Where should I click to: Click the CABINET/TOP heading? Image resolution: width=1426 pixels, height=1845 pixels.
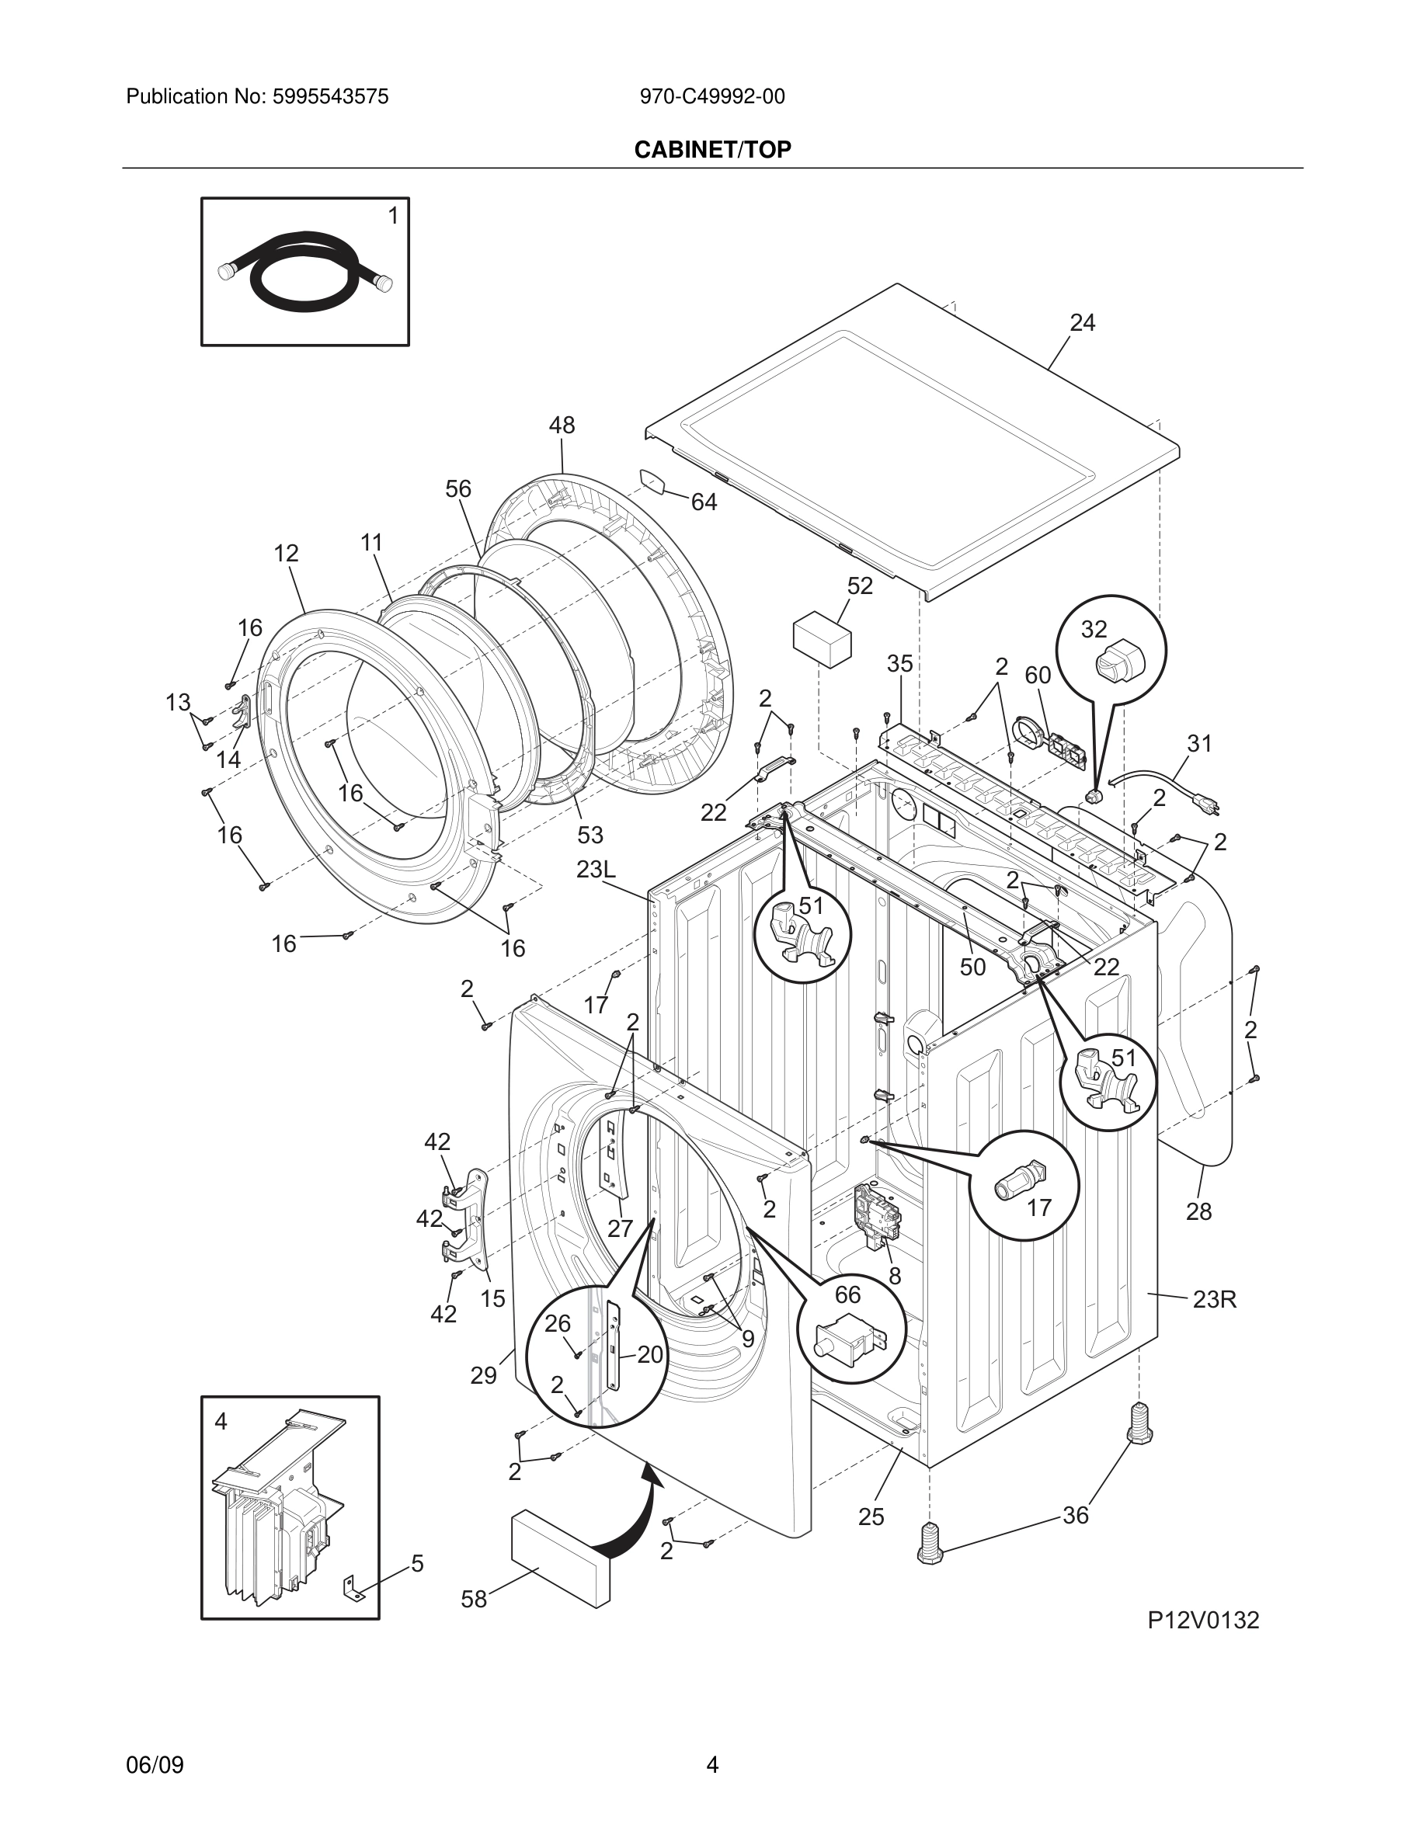712,150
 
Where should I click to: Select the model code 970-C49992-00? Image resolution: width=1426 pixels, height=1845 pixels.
711,96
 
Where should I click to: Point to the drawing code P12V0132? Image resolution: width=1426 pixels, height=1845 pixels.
1202,1620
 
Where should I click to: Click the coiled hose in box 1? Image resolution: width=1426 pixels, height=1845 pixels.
304,272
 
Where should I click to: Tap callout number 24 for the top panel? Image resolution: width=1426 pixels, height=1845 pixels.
1082,323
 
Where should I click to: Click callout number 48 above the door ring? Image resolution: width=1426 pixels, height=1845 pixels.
562,425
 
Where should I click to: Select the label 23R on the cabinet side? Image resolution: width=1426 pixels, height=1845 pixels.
1214,1299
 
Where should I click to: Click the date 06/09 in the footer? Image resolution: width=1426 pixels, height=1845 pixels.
155,1765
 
